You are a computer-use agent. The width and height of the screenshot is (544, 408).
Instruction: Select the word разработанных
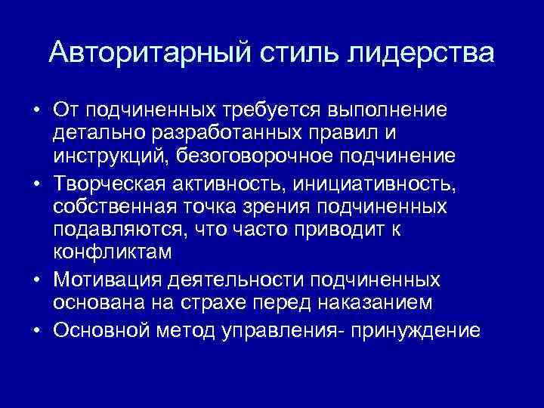[x=231, y=134]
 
